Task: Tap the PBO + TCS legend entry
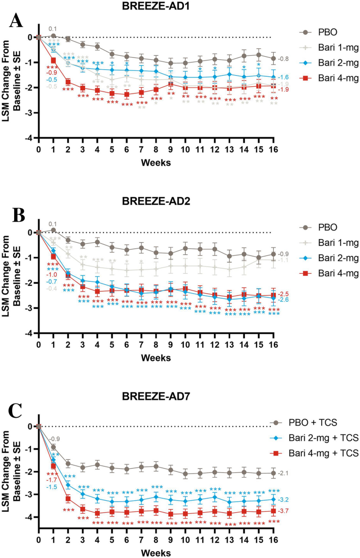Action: point(320,422)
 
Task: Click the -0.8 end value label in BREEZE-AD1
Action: point(283,59)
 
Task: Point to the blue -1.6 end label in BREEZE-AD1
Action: point(283,77)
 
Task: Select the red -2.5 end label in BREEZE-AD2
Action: point(283,294)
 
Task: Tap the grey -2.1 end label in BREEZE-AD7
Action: point(283,473)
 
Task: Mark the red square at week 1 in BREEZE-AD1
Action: point(53,60)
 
